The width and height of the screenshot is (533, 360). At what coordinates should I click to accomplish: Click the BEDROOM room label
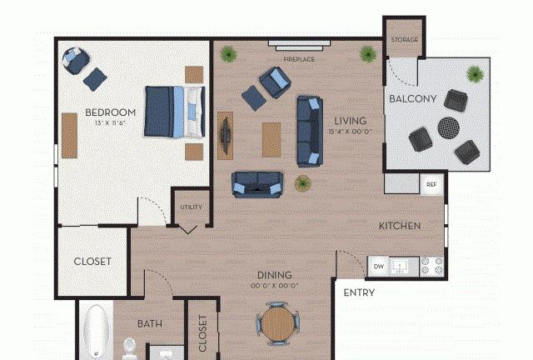coord(111,112)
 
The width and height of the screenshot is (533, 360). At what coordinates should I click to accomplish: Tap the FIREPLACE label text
coord(299,59)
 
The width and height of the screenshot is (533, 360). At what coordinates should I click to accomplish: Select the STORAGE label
coord(404,40)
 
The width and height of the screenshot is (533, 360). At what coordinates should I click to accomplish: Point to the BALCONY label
coord(413,99)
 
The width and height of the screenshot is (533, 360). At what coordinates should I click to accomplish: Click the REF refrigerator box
coord(431,184)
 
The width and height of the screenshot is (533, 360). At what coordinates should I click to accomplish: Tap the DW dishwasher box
coord(378,267)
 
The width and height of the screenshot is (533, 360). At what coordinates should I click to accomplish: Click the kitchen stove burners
coord(431,267)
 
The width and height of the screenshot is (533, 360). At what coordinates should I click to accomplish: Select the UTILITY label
coord(191,207)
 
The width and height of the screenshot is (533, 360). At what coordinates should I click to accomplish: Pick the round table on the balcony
coord(448,128)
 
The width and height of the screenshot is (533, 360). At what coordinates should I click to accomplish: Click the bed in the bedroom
coord(175,112)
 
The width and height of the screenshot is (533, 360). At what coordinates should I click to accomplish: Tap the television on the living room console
coord(226,136)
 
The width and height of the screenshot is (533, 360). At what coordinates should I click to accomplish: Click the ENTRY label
coord(359,292)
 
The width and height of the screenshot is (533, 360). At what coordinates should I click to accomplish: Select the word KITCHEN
coord(400,226)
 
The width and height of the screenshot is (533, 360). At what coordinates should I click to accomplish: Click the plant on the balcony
coord(475,74)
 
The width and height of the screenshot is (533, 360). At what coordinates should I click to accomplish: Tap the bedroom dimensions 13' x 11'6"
coord(111,122)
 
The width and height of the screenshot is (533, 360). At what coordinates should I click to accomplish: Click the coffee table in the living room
coord(271,140)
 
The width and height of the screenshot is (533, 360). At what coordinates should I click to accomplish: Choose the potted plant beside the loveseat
coord(302,183)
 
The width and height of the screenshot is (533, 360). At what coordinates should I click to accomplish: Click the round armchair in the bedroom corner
coord(76,61)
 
